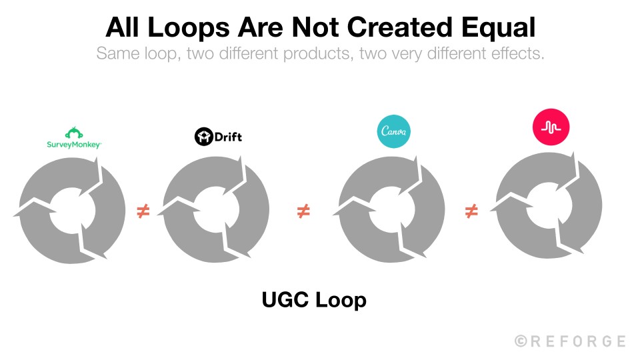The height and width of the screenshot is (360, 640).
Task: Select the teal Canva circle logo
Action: point(393,131)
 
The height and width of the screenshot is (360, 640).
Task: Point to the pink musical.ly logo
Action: point(551,129)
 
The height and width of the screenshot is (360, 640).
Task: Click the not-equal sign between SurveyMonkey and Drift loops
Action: point(143,212)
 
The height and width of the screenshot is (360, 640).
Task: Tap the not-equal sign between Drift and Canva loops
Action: point(303,212)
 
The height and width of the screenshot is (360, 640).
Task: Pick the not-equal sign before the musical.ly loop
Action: point(471,212)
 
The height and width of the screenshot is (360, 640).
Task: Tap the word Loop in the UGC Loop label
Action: point(341,300)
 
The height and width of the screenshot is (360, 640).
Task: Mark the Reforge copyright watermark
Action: point(570,341)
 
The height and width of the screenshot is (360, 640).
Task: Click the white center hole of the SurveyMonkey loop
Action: point(73,211)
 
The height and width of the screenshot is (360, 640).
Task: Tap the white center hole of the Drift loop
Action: point(217,211)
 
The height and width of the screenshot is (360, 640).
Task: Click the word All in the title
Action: point(125,27)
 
